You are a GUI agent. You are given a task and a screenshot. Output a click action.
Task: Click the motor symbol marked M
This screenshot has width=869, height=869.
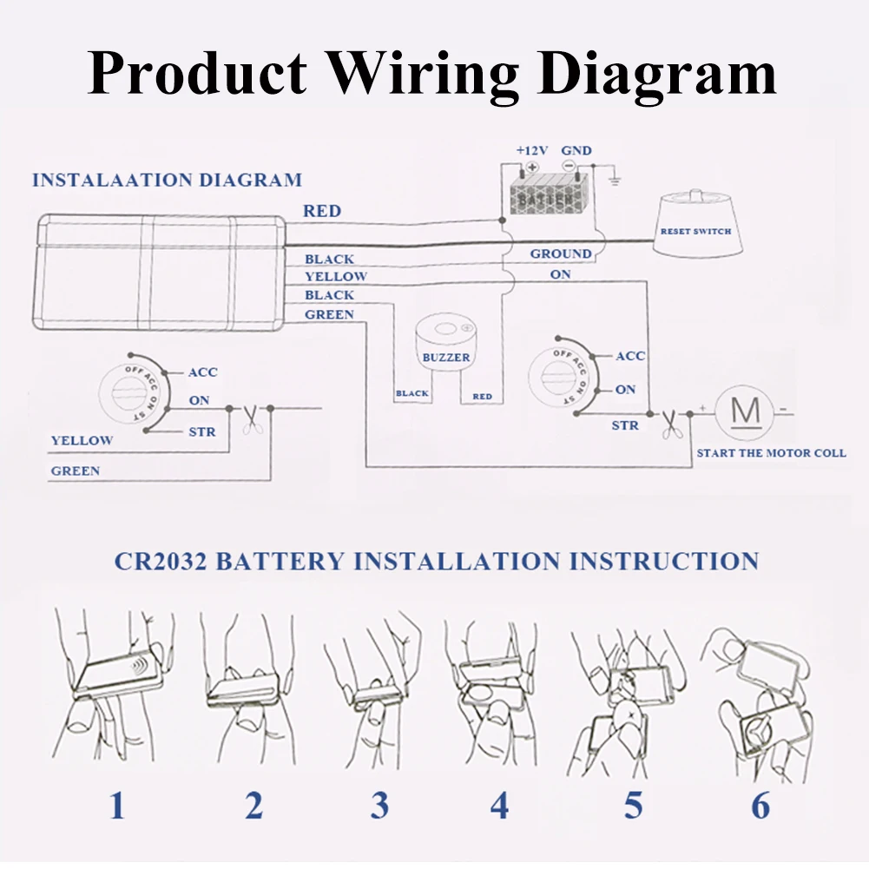744,411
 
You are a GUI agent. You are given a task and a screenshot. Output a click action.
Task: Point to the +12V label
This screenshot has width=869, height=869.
531,150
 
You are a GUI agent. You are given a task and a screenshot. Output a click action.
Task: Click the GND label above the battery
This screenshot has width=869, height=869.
576,150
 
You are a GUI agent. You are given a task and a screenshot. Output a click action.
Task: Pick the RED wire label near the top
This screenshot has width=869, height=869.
322,211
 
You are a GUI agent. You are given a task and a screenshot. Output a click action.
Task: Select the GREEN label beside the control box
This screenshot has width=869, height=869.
329,314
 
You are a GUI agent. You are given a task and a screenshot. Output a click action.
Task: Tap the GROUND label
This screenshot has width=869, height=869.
561,253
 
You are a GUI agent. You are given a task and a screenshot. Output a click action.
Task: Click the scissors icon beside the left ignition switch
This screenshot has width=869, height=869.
251,418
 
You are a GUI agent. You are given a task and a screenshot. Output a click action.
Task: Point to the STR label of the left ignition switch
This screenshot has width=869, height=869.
201,431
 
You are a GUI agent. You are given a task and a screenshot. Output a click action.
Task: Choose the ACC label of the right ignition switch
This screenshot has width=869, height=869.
630,356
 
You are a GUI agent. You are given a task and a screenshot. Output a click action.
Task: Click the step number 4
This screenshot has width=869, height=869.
498,806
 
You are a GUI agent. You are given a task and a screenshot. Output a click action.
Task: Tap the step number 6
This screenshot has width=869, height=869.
760,806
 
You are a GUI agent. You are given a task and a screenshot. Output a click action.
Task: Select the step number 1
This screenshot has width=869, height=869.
117,806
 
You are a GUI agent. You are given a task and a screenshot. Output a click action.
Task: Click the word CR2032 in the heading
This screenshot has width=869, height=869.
160,561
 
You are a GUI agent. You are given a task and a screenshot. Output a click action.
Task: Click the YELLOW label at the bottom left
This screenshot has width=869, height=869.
82,440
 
